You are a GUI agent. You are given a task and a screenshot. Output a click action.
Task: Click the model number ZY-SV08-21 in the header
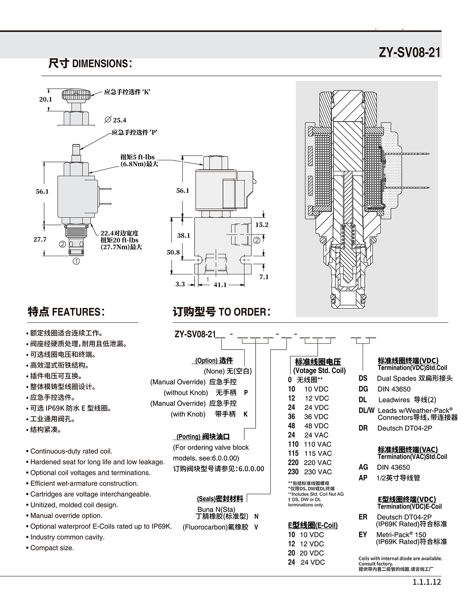click(410, 52)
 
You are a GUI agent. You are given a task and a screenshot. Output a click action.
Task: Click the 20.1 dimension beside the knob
click(46, 99)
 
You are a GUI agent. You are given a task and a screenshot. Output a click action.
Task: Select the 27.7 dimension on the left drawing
click(40, 239)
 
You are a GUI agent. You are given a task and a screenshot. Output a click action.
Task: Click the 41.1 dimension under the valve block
click(220, 285)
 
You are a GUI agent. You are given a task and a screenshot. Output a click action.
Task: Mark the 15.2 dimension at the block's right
click(262, 224)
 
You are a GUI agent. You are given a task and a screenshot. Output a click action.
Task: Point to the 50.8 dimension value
click(173, 252)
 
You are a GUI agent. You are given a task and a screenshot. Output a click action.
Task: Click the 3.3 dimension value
click(180, 284)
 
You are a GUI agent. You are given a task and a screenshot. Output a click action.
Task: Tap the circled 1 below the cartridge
click(76, 261)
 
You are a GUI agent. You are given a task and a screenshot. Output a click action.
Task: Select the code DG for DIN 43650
click(363, 389)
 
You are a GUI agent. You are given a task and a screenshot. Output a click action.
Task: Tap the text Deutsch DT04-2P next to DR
click(405, 428)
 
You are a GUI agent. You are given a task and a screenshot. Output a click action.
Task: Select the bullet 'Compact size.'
click(50, 548)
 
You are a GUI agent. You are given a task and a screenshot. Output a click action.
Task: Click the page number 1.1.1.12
click(427, 582)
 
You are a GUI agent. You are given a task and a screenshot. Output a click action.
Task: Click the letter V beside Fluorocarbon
click(256, 527)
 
